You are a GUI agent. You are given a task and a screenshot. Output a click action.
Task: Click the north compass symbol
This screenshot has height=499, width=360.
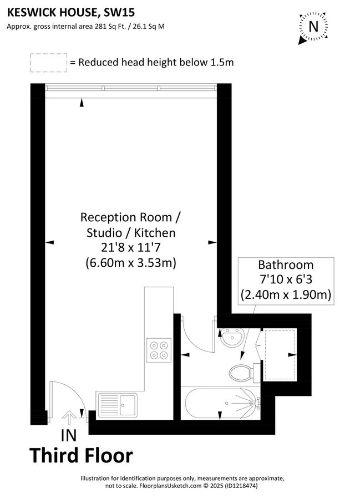tap(313, 27)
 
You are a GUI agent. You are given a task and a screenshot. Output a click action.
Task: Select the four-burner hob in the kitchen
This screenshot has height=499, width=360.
tap(159, 350)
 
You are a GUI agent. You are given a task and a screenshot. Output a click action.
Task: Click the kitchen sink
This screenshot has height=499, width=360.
tap(118, 405)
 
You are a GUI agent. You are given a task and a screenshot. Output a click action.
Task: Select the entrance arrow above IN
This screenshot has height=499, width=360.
tap(70, 416)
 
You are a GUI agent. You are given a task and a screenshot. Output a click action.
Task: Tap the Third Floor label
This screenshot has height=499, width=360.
tap(81, 455)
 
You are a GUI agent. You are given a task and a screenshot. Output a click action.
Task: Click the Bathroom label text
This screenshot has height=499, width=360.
tap(286, 265)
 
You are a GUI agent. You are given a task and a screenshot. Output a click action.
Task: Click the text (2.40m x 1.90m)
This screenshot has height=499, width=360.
tap(286, 294)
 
